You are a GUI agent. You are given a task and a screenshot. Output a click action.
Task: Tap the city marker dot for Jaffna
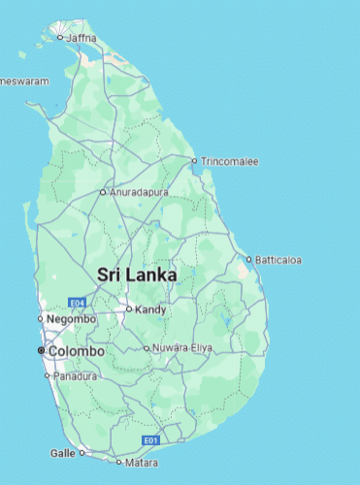[x=60, y=38]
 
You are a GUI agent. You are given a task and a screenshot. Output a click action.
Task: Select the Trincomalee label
[x=230, y=161]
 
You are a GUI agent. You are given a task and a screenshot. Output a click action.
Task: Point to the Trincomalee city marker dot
[x=194, y=161]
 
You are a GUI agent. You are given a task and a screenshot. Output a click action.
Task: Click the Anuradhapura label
[x=140, y=192]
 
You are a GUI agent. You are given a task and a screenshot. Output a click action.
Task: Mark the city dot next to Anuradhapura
[x=103, y=192]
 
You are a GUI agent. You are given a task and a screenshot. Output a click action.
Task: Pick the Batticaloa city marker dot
[x=248, y=260]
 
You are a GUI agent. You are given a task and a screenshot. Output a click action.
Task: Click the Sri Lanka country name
[x=137, y=275]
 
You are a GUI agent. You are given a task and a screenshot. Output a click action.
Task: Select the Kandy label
[x=151, y=310]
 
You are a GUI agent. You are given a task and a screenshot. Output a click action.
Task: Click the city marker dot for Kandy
[x=128, y=310]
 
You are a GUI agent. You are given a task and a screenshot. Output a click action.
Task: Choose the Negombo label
[x=73, y=319]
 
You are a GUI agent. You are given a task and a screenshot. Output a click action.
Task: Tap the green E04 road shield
[x=78, y=303]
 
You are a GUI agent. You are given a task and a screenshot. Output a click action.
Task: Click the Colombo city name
[x=77, y=350]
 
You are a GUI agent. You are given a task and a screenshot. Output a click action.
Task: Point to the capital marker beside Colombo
[x=41, y=350]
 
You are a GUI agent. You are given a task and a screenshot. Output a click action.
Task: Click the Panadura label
[x=76, y=375]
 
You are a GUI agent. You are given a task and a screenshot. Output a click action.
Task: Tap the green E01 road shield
[x=149, y=440]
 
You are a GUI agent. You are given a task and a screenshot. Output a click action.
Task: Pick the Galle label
[x=62, y=453]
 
